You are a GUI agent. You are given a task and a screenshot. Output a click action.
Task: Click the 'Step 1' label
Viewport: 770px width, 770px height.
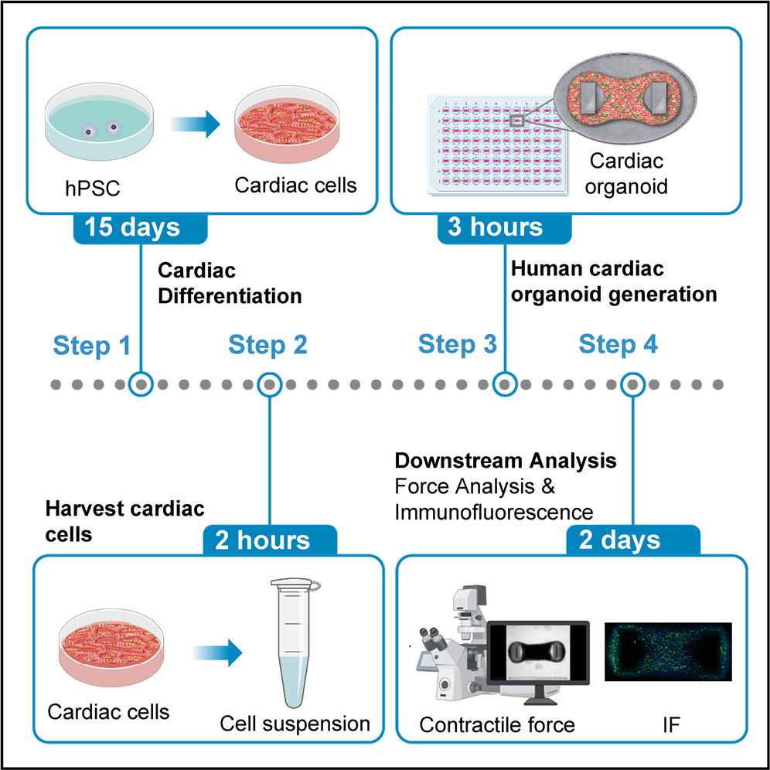92,346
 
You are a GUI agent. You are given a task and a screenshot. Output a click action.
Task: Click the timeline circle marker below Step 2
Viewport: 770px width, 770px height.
269,383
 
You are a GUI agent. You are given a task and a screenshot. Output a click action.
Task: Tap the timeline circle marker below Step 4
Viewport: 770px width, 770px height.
634,383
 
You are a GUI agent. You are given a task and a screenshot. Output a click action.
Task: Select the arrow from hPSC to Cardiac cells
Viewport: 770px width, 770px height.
189,124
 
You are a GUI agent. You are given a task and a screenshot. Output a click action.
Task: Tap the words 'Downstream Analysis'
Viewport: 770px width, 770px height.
506,462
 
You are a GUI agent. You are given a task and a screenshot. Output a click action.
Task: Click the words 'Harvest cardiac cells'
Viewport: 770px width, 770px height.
124,520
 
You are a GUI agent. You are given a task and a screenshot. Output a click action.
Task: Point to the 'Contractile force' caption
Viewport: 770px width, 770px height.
497,724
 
